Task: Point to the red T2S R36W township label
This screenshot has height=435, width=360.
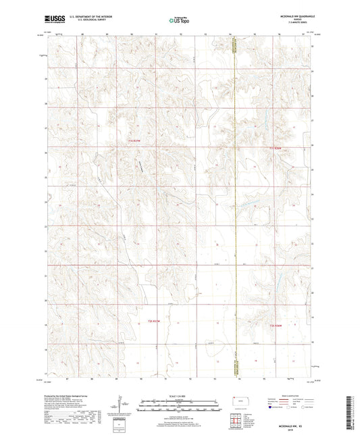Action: (x=279, y=326)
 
